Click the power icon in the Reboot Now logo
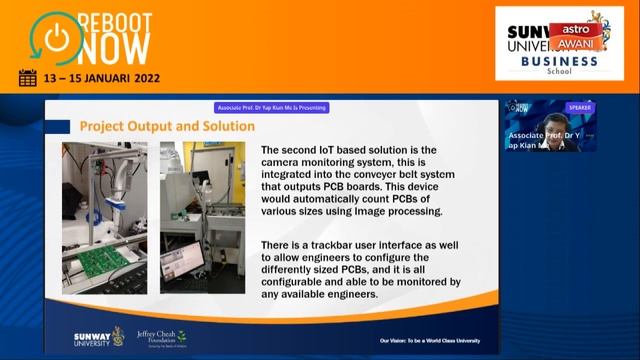[x=56, y=36]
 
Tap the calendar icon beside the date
[x=27, y=78]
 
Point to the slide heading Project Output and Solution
[x=167, y=126]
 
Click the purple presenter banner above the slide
[x=272, y=108]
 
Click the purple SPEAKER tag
[x=579, y=107]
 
